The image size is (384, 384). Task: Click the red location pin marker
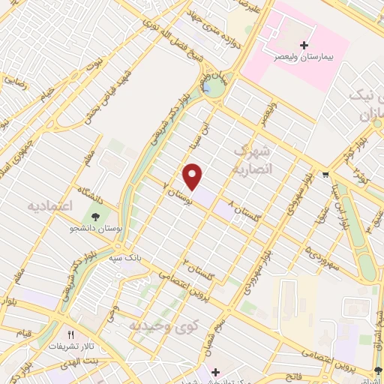click(x=193, y=175)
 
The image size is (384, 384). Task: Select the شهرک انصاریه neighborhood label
click(x=256, y=160)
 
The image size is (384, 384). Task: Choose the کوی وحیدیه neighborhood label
click(x=163, y=325)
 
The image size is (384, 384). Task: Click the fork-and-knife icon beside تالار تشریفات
click(x=70, y=335)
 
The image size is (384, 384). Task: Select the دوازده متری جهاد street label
click(x=222, y=34)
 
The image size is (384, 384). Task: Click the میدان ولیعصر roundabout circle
click(x=211, y=88)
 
